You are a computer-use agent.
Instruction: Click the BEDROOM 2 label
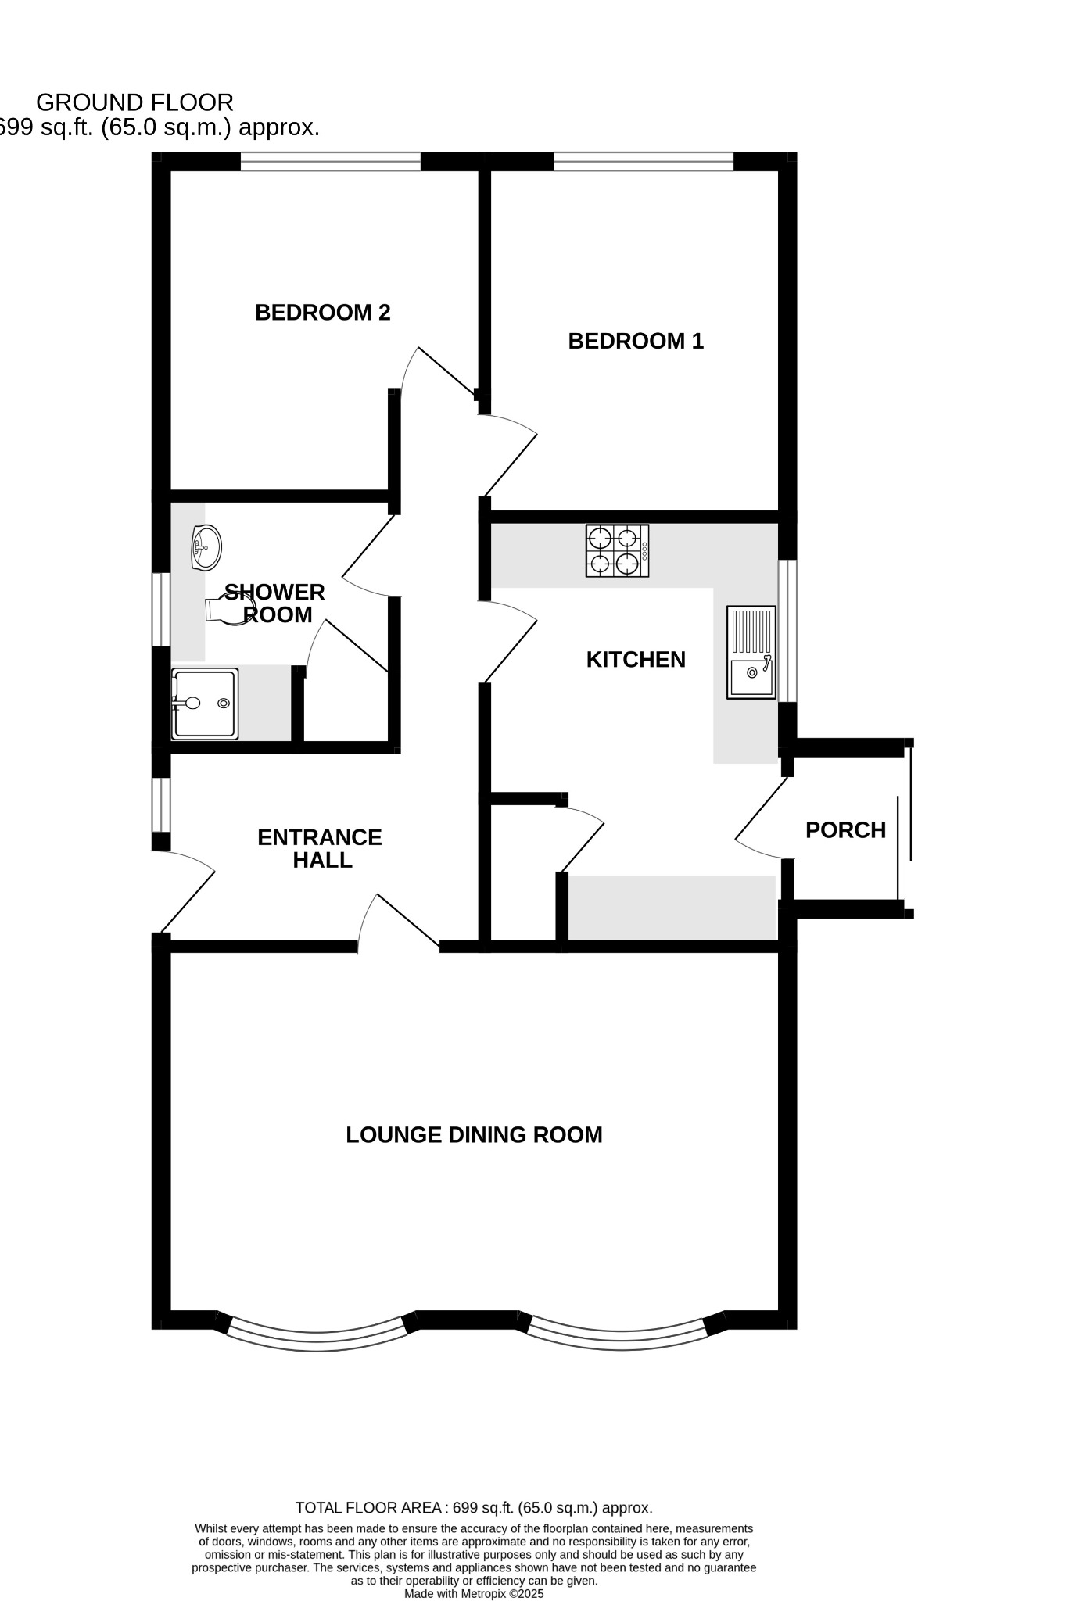tap(322, 313)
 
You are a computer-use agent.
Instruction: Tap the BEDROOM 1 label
tap(635, 341)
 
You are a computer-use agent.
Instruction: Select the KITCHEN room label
tap(635, 660)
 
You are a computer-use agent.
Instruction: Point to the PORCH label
tap(845, 830)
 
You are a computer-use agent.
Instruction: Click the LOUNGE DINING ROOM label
tap(474, 1135)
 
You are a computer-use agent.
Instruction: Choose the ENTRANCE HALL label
tap(320, 849)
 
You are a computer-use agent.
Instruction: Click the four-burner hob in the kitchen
tap(617, 550)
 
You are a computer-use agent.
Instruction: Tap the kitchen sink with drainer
tap(751, 652)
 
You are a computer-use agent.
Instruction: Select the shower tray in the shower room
tap(205, 704)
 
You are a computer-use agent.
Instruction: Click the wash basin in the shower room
tap(206, 547)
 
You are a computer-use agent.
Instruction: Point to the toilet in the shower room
tap(227, 608)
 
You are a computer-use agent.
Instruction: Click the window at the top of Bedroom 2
tap(330, 162)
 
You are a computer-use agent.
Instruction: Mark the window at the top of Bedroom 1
tap(643, 162)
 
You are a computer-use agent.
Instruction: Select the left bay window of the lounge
tap(317, 1340)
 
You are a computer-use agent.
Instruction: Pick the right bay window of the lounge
tap(621, 1340)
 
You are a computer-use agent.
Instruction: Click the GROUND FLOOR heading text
tap(134, 102)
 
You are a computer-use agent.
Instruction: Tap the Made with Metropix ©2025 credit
tap(473, 1593)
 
